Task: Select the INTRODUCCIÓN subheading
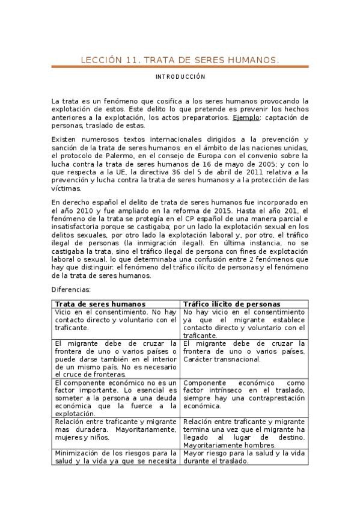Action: coord(180,77)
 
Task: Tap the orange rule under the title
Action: coord(180,67)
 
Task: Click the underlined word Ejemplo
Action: coord(246,118)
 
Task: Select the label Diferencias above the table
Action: coord(71,290)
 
